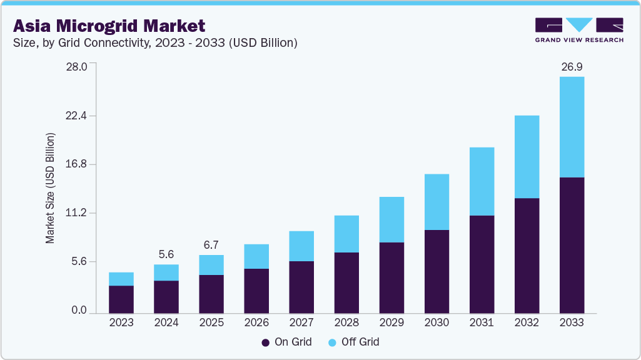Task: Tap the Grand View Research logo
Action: (x=578, y=30)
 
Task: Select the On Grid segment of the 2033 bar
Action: (x=572, y=245)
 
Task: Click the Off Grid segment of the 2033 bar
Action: (x=572, y=127)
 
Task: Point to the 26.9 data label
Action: (x=572, y=67)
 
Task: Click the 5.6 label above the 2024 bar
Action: (x=166, y=254)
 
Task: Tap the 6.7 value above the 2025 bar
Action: (x=211, y=245)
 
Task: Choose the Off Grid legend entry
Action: (x=353, y=342)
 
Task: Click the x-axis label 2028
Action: (x=346, y=322)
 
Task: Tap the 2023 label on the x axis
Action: (x=121, y=322)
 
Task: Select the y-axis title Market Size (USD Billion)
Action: (x=50, y=187)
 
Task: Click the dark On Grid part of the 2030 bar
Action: (x=437, y=271)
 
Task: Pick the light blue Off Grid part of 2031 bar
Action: (x=482, y=181)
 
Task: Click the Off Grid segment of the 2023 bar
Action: (x=121, y=279)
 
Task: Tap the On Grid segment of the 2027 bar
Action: (x=301, y=287)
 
